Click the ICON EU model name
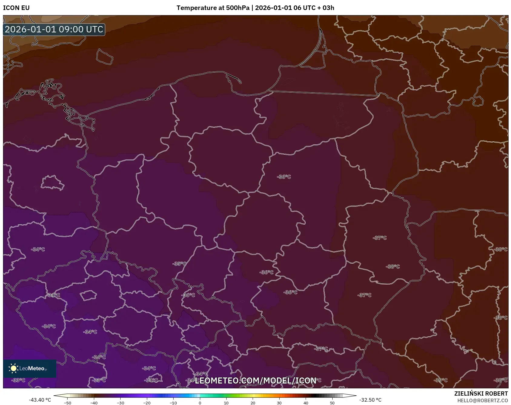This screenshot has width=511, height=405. pyautogui.click(x=16, y=8)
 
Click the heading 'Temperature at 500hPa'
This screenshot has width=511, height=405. pyautogui.click(x=213, y=8)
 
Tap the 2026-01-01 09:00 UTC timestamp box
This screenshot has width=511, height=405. pyautogui.click(x=54, y=29)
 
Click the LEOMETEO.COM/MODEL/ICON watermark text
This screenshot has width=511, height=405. pyautogui.click(x=255, y=380)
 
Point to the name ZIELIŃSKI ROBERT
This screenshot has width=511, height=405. pyautogui.click(x=481, y=393)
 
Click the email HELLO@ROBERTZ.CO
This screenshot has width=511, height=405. pyautogui.click(x=482, y=400)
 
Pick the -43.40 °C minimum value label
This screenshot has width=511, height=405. pyautogui.click(x=40, y=400)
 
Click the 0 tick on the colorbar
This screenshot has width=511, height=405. pyautogui.click(x=200, y=403)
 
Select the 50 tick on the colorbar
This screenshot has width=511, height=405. pyautogui.click(x=332, y=403)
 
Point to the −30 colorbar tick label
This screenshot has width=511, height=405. pyautogui.click(x=120, y=403)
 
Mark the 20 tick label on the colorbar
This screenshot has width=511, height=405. pyautogui.click(x=253, y=403)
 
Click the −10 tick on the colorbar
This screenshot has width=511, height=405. pyautogui.click(x=173, y=403)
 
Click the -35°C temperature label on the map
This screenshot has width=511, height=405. pyautogui.click(x=179, y=264)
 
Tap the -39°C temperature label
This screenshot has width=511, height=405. pyautogui.click(x=440, y=380)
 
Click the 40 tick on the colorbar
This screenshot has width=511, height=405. pyautogui.click(x=306, y=403)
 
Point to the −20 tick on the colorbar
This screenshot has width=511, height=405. pyautogui.click(x=147, y=403)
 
